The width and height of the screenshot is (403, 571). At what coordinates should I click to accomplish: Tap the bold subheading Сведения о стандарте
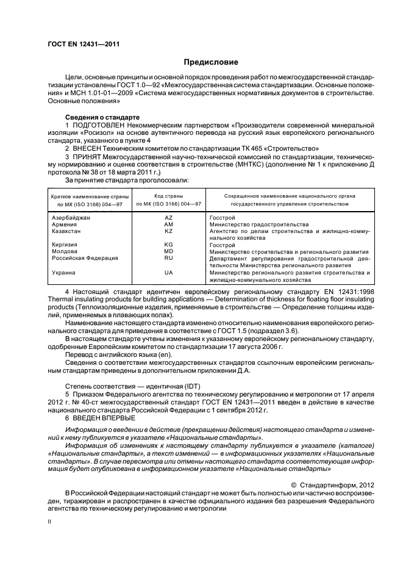(102, 117)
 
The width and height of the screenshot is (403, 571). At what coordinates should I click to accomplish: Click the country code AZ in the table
(169, 218)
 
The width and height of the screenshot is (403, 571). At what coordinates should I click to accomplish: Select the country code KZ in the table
(169, 231)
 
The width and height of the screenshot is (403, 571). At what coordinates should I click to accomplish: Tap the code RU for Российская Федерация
(169, 258)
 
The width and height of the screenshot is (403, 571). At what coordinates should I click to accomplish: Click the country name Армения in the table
(65, 224)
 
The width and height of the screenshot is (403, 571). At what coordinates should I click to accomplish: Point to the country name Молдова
(65, 251)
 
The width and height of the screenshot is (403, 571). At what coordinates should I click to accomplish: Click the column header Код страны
(168, 195)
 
